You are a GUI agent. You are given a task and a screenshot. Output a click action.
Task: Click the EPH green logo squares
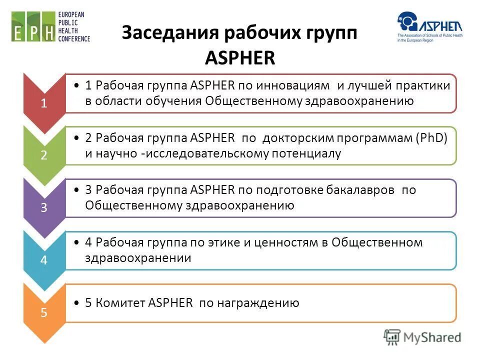pos(33,27)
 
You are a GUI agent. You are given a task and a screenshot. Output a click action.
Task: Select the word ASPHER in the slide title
pos(240,58)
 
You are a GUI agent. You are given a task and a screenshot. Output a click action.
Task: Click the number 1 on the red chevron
pos(44,103)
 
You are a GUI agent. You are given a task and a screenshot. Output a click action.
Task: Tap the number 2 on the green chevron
pos(44,155)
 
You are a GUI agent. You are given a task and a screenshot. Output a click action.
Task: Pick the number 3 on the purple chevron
pos(44,208)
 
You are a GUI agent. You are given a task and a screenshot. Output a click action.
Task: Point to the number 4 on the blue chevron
pos(44,260)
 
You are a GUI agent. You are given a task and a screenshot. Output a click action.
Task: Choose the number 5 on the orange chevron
pos(44,313)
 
